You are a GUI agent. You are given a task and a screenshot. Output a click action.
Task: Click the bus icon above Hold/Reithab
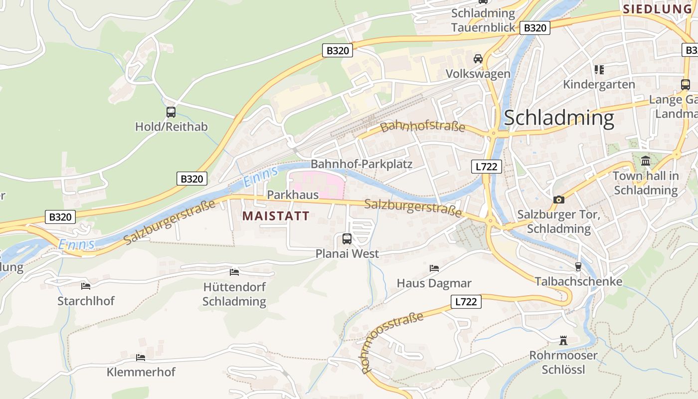[171, 112]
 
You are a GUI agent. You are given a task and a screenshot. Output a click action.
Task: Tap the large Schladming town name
[559, 118]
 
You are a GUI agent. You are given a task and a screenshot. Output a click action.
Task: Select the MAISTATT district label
[276, 216]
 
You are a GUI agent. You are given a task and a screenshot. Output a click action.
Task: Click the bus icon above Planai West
[347, 239]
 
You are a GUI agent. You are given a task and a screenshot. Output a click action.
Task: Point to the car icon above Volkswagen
[478, 59]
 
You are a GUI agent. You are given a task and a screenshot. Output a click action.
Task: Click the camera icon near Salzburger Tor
[559, 199]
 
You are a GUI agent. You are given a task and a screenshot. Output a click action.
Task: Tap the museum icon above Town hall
[646, 161]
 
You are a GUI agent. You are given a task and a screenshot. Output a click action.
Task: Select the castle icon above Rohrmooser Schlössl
[563, 341]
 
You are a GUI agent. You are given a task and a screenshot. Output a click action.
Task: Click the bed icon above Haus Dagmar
[434, 268]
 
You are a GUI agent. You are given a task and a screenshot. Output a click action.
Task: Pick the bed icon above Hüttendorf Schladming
[234, 272]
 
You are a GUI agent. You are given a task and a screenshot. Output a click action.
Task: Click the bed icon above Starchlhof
[86, 286]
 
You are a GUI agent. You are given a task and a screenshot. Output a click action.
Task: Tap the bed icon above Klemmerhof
[141, 358]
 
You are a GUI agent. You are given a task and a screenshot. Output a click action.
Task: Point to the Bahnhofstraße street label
[422, 126]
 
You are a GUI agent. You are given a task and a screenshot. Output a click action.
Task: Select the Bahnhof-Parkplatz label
[361, 164]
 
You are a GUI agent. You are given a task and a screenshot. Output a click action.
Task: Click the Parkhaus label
[293, 195]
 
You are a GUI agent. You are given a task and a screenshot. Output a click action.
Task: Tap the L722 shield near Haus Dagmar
[466, 301]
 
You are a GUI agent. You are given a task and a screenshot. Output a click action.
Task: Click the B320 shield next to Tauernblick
[535, 28]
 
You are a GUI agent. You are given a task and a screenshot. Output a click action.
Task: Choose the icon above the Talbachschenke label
[578, 267]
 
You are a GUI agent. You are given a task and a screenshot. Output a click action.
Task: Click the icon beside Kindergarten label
[599, 70]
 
